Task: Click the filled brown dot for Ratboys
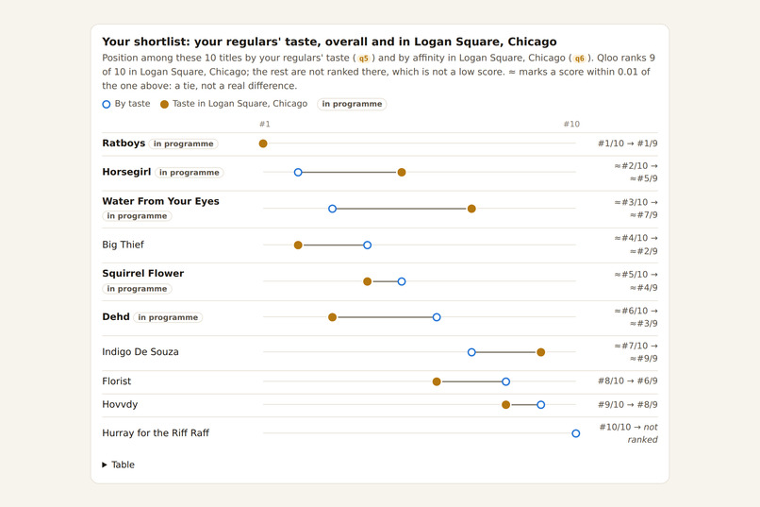click(x=263, y=144)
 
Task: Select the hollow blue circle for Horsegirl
click(x=298, y=172)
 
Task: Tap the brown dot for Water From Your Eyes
click(x=471, y=209)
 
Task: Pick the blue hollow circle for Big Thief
click(x=368, y=245)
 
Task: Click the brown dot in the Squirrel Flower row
click(x=368, y=281)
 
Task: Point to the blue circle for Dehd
click(x=437, y=317)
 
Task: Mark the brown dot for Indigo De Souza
click(x=541, y=352)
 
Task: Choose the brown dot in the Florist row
click(x=437, y=381)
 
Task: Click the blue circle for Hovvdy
click(x=541, y=405)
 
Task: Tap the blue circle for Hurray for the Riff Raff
click(x=576, y=433)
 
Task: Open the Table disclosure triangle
click(x=105, y=465)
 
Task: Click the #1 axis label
click(x=265, y=125)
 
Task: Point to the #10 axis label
click(x=571, y=125)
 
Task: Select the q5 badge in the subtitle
click(x=364, y=59)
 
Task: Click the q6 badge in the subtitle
click(x=579, y=59)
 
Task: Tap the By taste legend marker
click(x=107, y=104)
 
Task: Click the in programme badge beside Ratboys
click(x=183, y=144)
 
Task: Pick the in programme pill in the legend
click(x=352, y=104)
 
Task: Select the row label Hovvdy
click(x=120, y=405)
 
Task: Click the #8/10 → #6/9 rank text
click(x=628, y=381)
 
